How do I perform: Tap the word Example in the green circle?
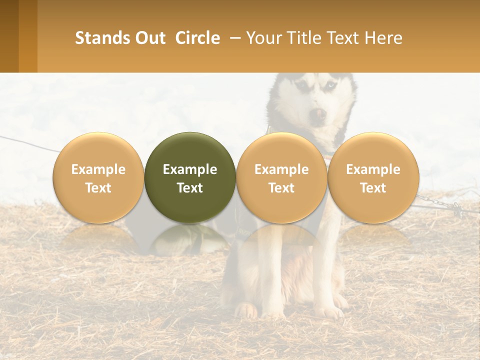[x=190, y=169]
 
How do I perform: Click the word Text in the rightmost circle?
[x=373, y=188]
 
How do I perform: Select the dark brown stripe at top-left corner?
[x=9, y=36]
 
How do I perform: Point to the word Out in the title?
[x=150, y=38]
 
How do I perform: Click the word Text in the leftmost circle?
[x=98, y=188]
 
